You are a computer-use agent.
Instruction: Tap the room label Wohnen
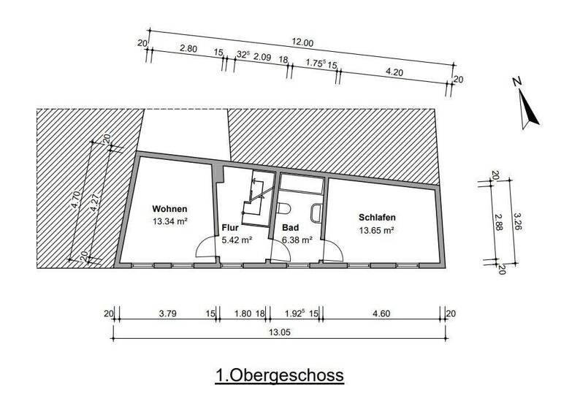(x=170, y=207)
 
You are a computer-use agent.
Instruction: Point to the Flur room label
(x=229, y=227)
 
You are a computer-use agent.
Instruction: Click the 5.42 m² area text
(x=237, y=239)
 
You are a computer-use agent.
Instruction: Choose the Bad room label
(x=289, y=227)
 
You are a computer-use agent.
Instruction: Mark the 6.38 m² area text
(x=297, y=239)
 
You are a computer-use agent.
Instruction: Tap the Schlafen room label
(x=377, y=218)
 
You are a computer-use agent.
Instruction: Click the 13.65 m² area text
(x=377, y=230)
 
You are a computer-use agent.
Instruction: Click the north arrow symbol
(x=530, y=112)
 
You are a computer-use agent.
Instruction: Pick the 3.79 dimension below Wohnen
(x=167, y=314)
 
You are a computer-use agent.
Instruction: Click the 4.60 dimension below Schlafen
(x=383, y=314)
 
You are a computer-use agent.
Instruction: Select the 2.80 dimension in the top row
(x=188, y=49)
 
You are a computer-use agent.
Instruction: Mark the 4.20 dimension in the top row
(x=394, y=72)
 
